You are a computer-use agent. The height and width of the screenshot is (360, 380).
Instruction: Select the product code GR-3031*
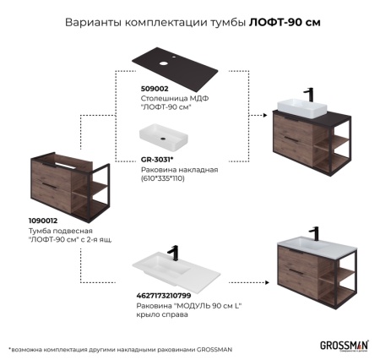pyautogui.click(x=157, y=159)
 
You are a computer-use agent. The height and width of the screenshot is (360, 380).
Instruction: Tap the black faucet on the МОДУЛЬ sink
pyautogui.click(x=173, y=252)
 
